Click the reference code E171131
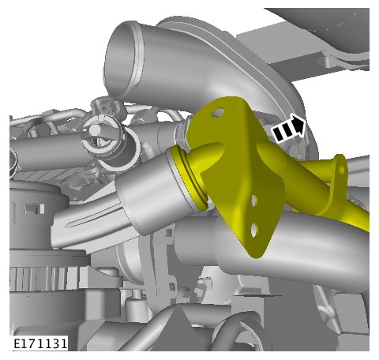click(x=40, y=343)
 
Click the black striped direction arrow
click(x=289, y=129)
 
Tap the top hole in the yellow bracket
click(x=218, y=113)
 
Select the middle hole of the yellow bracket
click(x=254, y=201)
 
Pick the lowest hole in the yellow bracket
click(x=253, y=231)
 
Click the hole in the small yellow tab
click(x=342, y=170)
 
